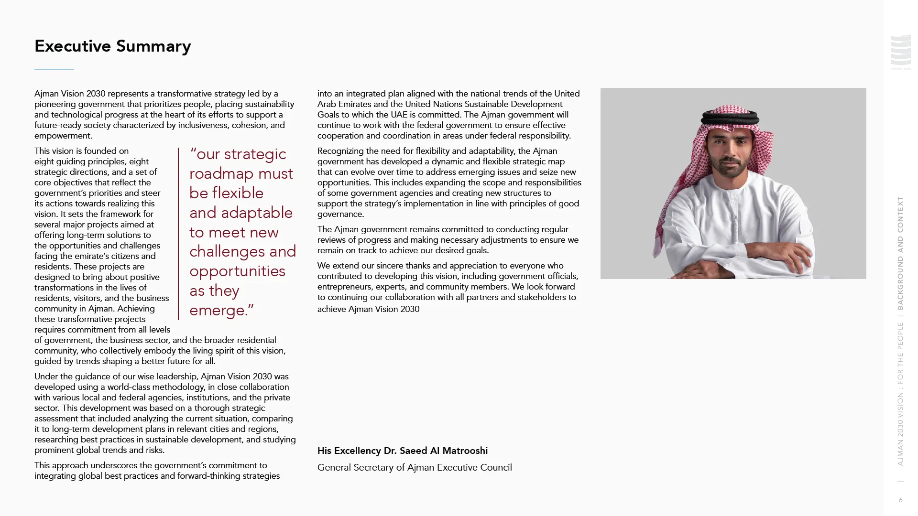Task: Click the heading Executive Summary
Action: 113,46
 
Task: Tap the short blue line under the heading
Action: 54,69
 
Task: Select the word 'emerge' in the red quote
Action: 218,311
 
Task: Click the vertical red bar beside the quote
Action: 178,234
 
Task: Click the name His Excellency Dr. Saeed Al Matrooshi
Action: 403,451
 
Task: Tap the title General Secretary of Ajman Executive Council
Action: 415,468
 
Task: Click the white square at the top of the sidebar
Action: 900,54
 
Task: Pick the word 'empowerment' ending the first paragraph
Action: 62,136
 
